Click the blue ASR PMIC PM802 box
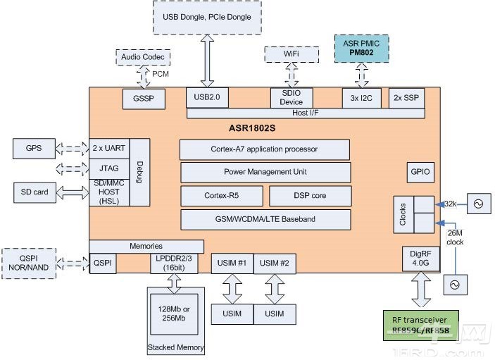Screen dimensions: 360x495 pyautogui.click(x=362, y=49)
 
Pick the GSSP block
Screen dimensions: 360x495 pyautogui.click(x=144, y=99)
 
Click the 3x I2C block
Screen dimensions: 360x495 pyautogui.click(x=362, y=98)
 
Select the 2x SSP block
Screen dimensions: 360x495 pyautogui.click(x=406, y=98)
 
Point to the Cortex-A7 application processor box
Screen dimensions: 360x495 pyautogui.click(x=264, y=149)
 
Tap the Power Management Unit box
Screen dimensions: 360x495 pyautogui.click(x=265, y=172)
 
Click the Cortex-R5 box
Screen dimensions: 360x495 pyautogui.click(x=222, y=196)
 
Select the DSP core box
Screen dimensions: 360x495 pyautogui.click(x=310, y=196)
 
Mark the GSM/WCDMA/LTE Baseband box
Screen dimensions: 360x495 pyautogui.click(x=265, y=219)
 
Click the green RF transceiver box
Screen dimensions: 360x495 pyautogui.click(x=420, y=325)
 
